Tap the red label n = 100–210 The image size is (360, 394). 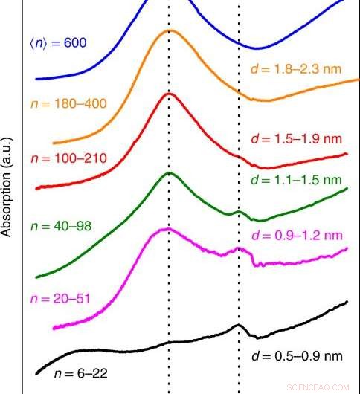[x=69, y=158]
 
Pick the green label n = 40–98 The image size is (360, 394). [x=60, y=225]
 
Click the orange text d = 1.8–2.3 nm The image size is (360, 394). [x=295, y=69]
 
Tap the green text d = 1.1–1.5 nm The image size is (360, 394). [x=295, y=180]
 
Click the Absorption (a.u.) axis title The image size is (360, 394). [x=9, y=186]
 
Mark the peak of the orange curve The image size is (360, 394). [x=170, y=31]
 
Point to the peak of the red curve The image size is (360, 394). [x=170, y=94]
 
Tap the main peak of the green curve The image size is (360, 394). [x=170, y=173]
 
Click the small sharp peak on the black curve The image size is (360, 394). [x=238, y=325]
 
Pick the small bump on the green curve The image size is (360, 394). [x=239, y=211]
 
